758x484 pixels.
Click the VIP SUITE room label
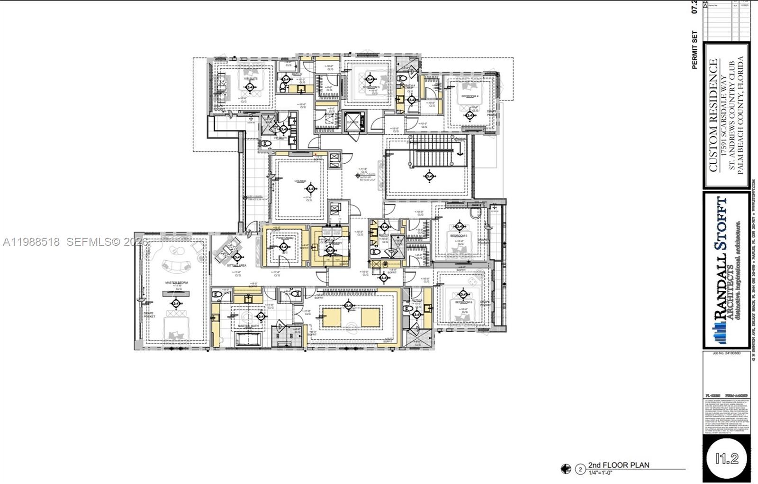251,79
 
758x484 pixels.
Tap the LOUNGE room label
300,181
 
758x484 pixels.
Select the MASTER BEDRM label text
176,283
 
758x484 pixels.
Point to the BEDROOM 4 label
470,96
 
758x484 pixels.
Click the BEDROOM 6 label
463,302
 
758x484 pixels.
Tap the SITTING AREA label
236,266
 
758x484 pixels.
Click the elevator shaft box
353,122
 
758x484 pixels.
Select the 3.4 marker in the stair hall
430,177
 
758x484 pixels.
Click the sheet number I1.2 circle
727,458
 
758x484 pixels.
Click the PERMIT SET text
695,50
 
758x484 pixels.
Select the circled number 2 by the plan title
580,469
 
